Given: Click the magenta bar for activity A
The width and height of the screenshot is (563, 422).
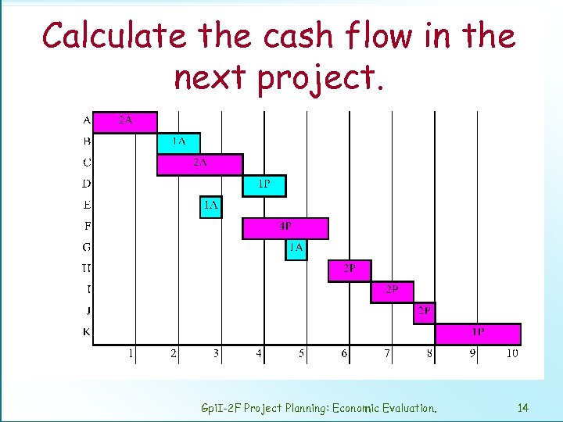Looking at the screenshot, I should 125,122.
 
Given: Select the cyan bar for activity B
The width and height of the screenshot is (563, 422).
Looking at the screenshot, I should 178,142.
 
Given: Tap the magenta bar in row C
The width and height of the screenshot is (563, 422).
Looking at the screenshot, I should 199,164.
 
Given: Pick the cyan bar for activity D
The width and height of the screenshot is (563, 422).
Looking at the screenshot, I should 264,185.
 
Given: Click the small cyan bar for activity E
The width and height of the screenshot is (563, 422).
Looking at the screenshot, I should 210,206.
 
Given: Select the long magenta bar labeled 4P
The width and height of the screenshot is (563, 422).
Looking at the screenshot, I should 285,227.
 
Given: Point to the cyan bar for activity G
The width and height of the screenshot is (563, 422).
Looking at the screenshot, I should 296,249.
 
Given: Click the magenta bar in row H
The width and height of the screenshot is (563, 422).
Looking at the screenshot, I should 350,270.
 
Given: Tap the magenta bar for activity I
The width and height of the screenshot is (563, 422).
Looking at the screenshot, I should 392,291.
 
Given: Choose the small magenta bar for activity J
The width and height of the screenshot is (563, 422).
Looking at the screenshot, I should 425,313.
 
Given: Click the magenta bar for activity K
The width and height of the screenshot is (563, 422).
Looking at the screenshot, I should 478,334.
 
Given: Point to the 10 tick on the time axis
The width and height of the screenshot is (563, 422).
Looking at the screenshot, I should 511,354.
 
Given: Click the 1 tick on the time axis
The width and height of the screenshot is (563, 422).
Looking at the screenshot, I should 131,354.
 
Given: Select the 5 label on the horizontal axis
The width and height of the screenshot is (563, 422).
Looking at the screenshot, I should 302,354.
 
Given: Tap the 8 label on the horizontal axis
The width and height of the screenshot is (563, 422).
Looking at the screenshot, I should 429,354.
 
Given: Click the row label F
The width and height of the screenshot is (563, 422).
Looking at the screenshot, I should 86,227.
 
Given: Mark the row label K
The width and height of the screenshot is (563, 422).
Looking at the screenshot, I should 86,333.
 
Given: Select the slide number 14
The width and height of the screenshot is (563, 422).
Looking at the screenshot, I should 523,407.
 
